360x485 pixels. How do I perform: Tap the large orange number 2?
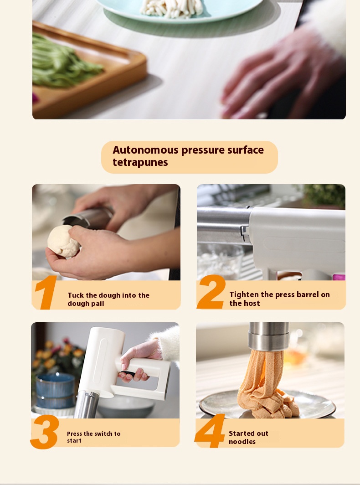point(211,292)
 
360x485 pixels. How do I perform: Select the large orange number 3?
point(45,432)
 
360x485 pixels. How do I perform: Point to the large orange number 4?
point(210,431)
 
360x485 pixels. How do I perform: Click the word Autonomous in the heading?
point(145,150)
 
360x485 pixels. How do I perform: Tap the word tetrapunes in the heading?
point(140,162)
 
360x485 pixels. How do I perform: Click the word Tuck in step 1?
point(76,295)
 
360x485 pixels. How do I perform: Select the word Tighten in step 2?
point(244,295)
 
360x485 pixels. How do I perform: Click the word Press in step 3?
point(74,433)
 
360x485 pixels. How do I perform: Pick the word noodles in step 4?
point(242,442)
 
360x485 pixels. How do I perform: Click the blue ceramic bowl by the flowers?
point(55,390)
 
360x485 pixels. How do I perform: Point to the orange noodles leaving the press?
point(265,383)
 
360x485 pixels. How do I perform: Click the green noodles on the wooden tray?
point(65,62)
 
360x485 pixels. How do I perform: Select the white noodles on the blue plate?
point(172,8)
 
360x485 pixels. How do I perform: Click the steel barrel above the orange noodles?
point(268,336)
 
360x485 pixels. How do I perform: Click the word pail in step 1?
point(97,304)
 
